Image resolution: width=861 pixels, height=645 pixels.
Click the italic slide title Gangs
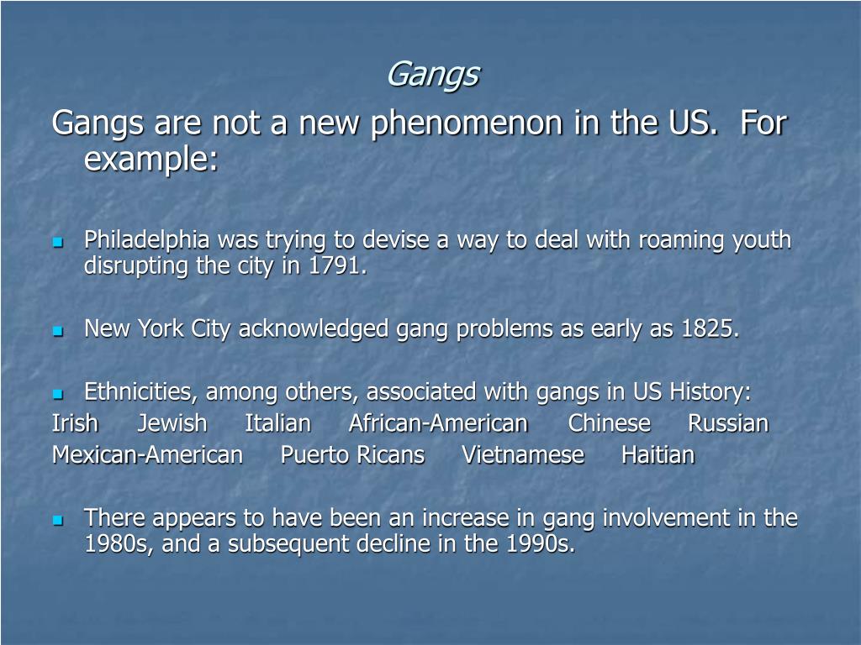[x=432, y=76]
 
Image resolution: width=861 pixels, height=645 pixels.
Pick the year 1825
[x=710, y=329]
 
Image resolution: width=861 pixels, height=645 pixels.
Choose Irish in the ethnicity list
[x=75, y=423]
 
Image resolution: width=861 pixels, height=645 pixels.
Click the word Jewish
[x=172, y=423]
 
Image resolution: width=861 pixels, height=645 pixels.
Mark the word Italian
[x=277, y=423]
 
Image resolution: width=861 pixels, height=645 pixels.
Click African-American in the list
[x=438, y=423]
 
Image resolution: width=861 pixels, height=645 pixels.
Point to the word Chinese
[x=609, y=423]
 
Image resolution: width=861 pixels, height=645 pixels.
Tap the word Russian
[x=728, y=423]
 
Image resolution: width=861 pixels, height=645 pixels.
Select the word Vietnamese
[x=523, y=455]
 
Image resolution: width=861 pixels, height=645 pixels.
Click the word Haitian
[x=658, y=455]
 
